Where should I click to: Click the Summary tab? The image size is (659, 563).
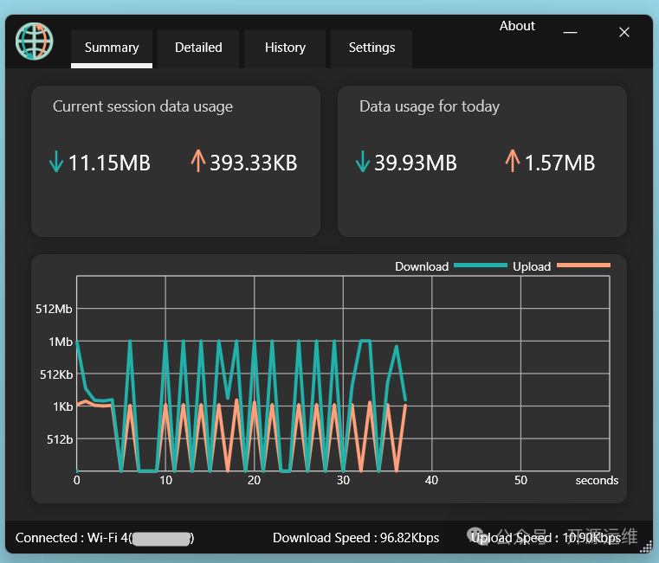point(112,48)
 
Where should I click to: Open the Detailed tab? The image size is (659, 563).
point(198,48)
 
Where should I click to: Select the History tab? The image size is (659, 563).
point(285,48)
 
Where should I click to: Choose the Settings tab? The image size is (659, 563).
point(371,48)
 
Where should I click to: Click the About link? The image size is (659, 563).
point(517,26)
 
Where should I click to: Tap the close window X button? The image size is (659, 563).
point(623,32)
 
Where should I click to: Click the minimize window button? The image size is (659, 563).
point(570,32)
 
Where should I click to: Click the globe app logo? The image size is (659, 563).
point(35,41)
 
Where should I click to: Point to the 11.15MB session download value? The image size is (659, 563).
point(109,163)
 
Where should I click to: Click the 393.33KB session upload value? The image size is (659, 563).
point(253,163)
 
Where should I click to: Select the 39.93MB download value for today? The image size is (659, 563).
point(415,163)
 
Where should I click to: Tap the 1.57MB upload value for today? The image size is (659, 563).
point(559,163)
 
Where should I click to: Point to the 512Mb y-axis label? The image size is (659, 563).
point(55,309)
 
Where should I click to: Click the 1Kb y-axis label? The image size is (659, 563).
point(62,406)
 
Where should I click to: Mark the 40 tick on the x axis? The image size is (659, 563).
point(431,480)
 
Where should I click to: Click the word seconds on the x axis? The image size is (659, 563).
point(597,480)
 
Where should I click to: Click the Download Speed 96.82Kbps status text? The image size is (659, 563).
point(356,538)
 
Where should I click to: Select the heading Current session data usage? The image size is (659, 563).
point(143,106)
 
